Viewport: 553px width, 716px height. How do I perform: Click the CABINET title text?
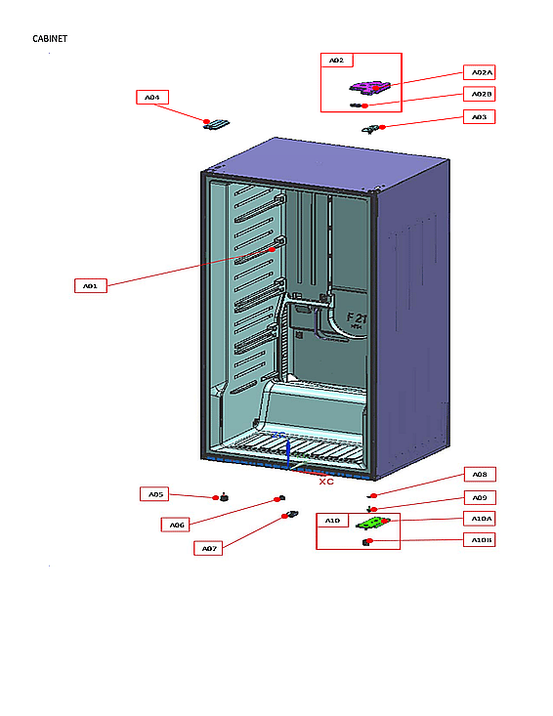click(x=50, y=38)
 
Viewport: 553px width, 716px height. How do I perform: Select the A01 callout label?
click(x=90, y=286)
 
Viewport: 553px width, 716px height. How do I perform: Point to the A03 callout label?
click(x=479, y=116)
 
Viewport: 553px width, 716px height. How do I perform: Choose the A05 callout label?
click(x=155, y=494)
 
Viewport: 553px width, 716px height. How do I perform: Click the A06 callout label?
click(x=177, y=525)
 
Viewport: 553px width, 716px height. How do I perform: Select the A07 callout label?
click(x=209, y=548)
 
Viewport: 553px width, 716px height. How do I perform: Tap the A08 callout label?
click(x=479, y=475)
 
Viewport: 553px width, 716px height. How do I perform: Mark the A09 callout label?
click(x=479, y=498)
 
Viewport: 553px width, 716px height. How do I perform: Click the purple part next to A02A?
click(x=371, y=88)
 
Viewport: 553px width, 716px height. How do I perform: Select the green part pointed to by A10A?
click(x=371, y=524)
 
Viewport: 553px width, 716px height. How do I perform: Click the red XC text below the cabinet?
click(x=326, y=482)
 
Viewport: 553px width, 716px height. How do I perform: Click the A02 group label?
click(x=336, y=61)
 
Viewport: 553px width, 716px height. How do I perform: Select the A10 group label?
click(x=332, y=521)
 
